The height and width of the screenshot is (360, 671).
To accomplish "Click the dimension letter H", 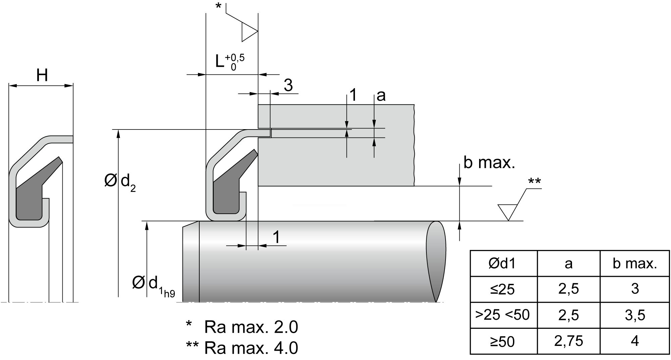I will click(42, 76).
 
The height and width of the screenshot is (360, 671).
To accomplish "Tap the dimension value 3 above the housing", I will click(288, 86).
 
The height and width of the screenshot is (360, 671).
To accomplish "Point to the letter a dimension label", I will click(381, 96).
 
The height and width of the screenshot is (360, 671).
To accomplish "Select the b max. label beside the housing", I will click(489, 163).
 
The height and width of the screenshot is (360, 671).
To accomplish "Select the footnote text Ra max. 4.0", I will click(251, 348).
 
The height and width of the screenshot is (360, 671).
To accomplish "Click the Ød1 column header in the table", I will click(502, 264).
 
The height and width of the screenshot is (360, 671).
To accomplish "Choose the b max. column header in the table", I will click(635, 264).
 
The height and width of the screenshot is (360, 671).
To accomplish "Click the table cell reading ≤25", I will click(502, 289).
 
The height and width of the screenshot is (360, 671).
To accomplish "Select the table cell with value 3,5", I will click(635, 315).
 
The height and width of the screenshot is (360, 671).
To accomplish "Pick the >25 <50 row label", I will click(502, 315).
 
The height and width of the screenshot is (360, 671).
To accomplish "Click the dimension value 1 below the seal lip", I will click(276, 238).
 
